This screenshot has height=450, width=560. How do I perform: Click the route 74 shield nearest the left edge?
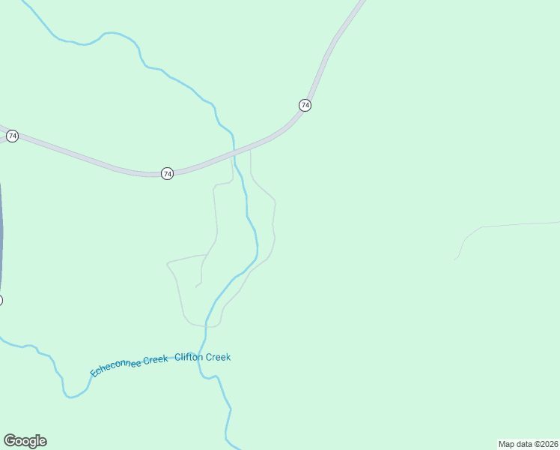tap(12, 136)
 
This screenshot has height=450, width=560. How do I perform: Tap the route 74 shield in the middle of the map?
tap(167, 173)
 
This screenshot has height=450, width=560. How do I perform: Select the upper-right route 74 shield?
tap(305, 105)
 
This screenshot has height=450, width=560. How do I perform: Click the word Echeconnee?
tap(116, 367)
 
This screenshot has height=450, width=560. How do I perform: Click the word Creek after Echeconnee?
tap(156, 359)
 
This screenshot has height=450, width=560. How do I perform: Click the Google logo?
tap(25, 441)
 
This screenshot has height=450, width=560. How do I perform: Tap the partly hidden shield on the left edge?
tap(1, 300)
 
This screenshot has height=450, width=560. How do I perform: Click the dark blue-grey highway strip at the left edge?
tap(1, 225)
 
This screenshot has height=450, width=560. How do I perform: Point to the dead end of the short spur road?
tap(196, 286)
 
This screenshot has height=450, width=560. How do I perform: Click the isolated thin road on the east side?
tap(509, 224)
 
